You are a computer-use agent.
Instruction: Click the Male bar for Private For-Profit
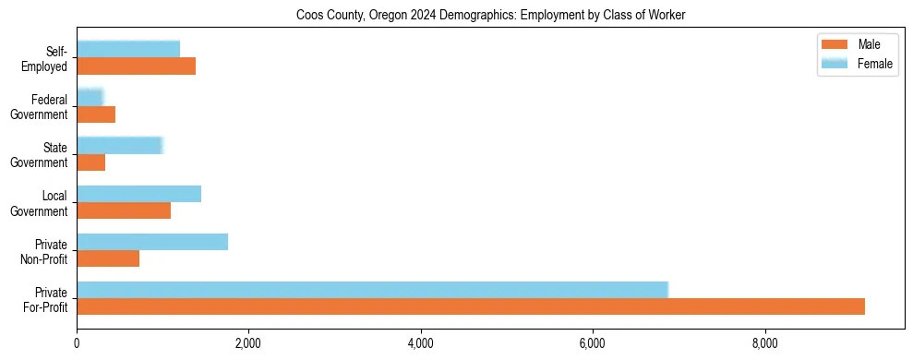[x=471, y=306]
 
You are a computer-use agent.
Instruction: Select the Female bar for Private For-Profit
[x=372, y=290]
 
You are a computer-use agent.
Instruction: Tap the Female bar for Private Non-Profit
[x=152, y=242]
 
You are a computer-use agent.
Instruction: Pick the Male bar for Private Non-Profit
[x=108, y=258]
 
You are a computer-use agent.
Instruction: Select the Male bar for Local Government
[x=124, y=210]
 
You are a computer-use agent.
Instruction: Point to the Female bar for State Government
[x=120, y=146]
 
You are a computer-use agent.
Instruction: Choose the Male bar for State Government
[x=90, y=162]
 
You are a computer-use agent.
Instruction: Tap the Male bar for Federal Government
[x=96, y=114]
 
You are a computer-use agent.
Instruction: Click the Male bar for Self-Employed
[x=136, y=66]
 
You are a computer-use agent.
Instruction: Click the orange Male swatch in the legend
[x=835, y=45]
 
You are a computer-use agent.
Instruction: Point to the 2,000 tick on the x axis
[x=248, y=344]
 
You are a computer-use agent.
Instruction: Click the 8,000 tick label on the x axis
[x=764, y=344]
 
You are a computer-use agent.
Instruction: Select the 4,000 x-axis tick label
[x=420, y=344]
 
